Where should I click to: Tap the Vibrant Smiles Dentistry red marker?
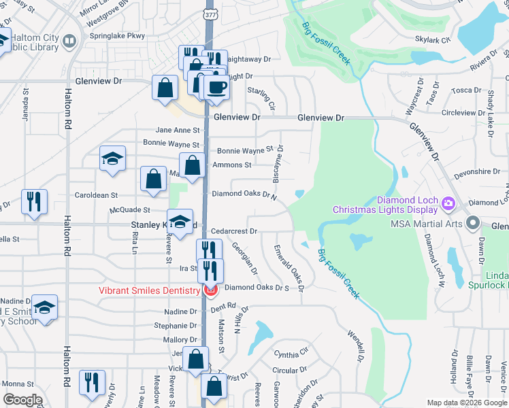click(211, 290)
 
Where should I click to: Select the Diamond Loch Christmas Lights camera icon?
click(448, 203)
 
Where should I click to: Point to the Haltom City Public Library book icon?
click(69, 41)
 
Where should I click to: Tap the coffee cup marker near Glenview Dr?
click(217, 88)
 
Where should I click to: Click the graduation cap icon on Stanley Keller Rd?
click(180, 222)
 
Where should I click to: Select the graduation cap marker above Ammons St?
click(112, 159)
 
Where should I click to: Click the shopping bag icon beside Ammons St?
click(193, 165)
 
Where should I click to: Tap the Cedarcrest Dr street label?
click(233, 231)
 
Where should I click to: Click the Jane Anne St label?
click(178, 130)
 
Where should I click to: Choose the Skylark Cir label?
click(436, 41)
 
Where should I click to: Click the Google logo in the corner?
click(22, 400)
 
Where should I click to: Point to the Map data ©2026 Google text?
click(467, 403)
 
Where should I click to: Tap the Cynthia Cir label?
click(291, 354)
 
